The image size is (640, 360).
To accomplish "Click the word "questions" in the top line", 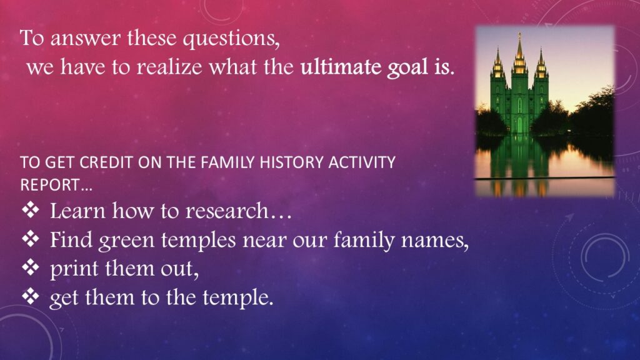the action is pyautogui.click(x=231, y=39).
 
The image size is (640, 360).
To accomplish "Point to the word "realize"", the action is pyautogui.click(x=169, y=66).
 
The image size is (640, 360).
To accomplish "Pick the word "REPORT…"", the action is pyautogui.click(x=56, y=185).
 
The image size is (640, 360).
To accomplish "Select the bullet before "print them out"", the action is pyautogui.click(x=31, y=267).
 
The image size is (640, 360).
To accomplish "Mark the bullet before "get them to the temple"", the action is pyautogui.click(x=31, y=296).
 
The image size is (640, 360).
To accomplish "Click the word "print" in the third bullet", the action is pyautogui.click(x=74, y=269).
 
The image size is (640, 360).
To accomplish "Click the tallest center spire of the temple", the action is pyautogui.click(x=519, y=53).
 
